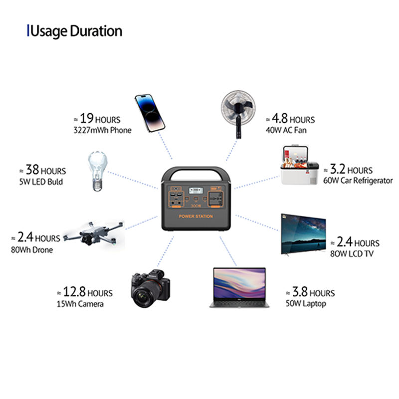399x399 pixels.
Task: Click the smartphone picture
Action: pos(150,113)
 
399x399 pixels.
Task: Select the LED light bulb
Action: pos(97,171)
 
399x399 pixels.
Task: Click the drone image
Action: pos(93,234)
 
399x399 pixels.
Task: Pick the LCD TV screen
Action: pos(303,234)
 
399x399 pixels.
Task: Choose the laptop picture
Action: pos(239,288)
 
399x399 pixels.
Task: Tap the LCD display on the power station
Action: pos(196,191)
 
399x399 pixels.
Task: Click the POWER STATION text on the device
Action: pos(196,216)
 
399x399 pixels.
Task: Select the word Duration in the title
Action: pos(96,31)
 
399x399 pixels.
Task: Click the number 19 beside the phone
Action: pos(86,118)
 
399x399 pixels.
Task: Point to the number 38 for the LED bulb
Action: pos(32,170)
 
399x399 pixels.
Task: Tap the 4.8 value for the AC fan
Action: pos(280,118)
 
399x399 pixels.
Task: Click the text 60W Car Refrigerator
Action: pos(358,181)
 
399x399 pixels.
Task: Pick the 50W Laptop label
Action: pos(306,303)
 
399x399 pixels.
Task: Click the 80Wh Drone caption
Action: pos(32,250)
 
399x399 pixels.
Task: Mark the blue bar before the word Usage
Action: pos(28,30)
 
